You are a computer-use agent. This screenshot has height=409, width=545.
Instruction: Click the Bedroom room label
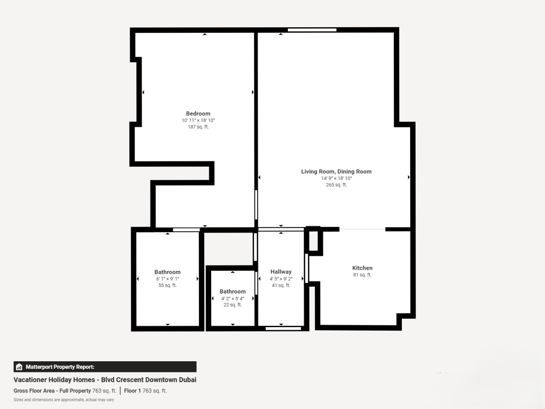tap(198, 113)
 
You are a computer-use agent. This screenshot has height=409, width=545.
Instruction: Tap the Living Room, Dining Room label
tap(336, 172)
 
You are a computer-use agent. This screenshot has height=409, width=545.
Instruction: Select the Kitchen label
tap(362, 268)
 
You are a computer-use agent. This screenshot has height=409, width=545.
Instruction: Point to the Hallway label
tap(281, 272)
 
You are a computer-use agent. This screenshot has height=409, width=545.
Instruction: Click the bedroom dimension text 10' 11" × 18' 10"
tap(198, 121)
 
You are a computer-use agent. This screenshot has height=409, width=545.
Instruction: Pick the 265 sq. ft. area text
tap(336, 185)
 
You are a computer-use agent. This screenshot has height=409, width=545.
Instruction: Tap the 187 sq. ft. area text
tap(198, 127)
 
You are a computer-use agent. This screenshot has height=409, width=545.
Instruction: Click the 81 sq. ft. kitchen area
tap(362, 275)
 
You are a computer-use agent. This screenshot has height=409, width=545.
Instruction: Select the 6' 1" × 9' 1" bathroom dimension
tap(168, 279)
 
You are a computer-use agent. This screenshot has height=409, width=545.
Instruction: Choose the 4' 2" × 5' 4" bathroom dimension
tap(232, 299)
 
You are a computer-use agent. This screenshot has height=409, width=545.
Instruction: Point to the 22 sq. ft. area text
tap(232, 305)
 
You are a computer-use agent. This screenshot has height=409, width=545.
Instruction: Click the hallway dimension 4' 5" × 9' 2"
tap(281, 279)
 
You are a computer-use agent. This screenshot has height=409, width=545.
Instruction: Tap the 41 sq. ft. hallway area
tap(281, 285)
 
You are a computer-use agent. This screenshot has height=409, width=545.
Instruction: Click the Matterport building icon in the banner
tap(19, 367)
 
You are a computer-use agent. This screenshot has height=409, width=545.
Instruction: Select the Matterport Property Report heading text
tap(60, 367)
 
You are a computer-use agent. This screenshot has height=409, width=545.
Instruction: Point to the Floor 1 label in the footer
tap(132, 391)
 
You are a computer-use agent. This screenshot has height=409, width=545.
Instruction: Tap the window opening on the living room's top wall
tap(312, 30)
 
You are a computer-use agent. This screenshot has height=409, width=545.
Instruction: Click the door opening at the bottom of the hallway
tap(283, 328)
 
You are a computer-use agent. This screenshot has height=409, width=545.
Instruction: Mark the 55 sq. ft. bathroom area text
tap(168, 285)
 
